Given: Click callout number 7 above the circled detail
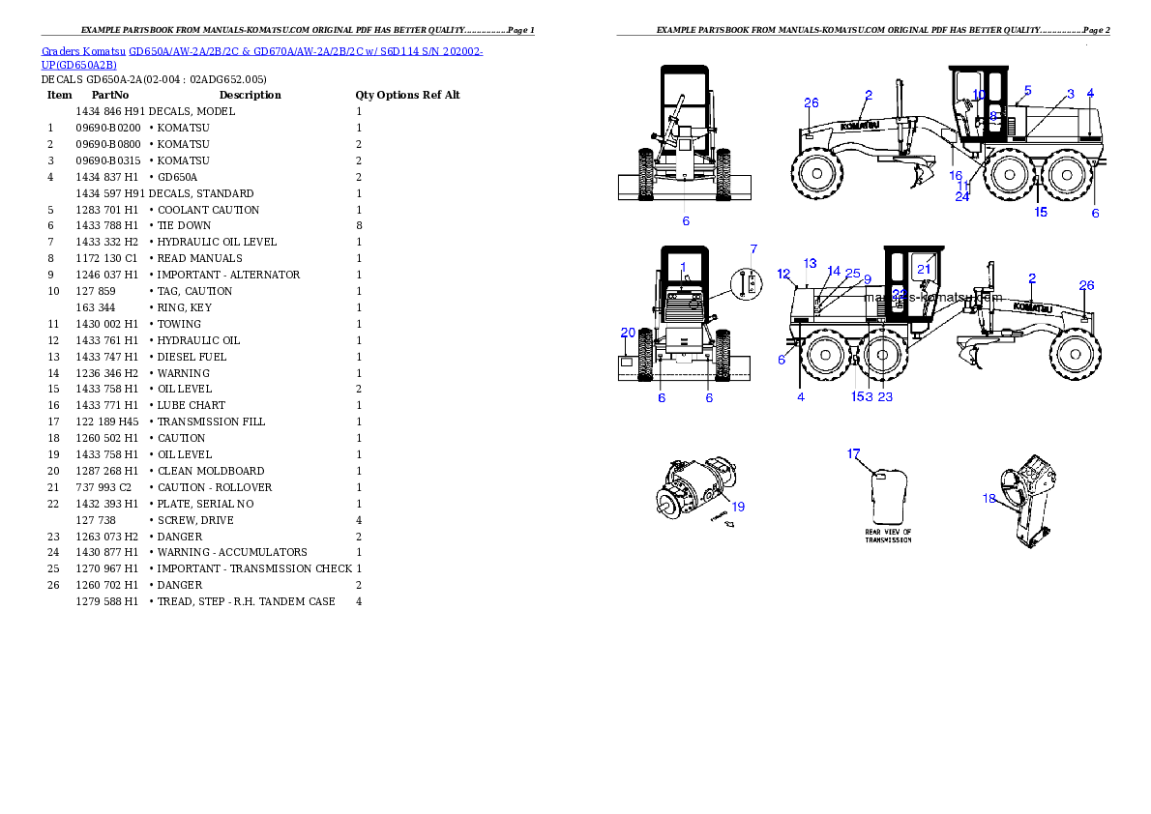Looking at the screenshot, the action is (x=753, y=249).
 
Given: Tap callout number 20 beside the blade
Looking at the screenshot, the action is (x=628, y=333).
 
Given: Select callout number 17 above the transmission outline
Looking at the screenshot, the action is (x=853, y=453).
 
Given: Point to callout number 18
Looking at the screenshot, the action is (x=989, y=499).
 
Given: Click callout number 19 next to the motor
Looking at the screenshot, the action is (x=738, y=507).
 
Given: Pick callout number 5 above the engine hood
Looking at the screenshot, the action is (x=1027, y=90).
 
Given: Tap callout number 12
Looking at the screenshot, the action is (x=783, y=274).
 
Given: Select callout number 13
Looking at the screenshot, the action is (x=811, y=264).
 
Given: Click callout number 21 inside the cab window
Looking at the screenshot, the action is (x=924, y=270).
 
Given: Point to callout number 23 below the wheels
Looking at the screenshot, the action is (x=885, y=396).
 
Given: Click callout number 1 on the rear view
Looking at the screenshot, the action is (x=682, y=266).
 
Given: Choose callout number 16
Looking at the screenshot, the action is (x=956, y=176).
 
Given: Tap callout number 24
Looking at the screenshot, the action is (x=962, y=196).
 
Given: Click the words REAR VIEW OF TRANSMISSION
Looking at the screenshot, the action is (x=888, y=536).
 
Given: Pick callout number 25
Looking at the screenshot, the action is (x=852, y=274).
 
